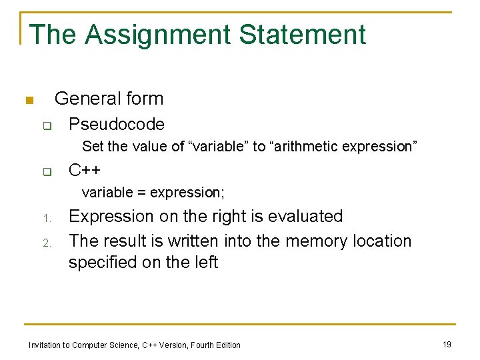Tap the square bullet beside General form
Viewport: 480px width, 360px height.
click(x=29, y=101)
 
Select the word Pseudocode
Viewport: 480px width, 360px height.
click(x=117, y=125)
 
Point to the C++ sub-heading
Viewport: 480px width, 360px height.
click(x=85, y=170)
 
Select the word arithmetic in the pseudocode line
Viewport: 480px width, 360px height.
click(x=304, y=147)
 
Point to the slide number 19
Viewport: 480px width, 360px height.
click(x=447, y=344)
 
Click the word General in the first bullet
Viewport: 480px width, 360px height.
click(x=83, y=99)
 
